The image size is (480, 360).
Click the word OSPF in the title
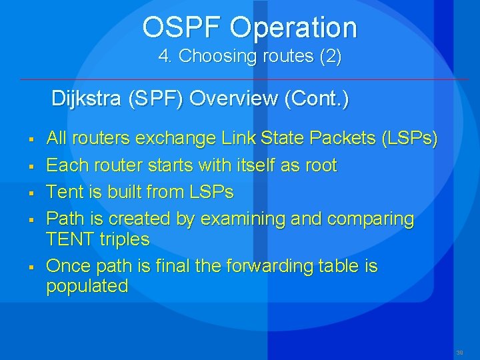182,27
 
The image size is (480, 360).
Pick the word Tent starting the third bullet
62,193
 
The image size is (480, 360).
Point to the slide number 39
459,351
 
